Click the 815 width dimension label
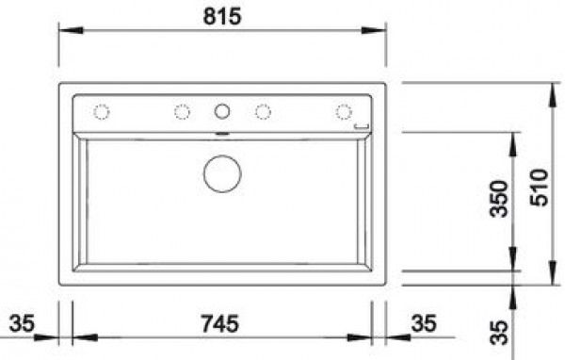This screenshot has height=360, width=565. coord(222,16)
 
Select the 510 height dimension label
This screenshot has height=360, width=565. coord(539,188)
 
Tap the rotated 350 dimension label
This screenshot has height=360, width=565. coord(499,199)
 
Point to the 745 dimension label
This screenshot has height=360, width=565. coord(219,323)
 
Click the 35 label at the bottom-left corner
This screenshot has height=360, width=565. coord(22,323)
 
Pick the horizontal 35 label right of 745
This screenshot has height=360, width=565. coord(424,323)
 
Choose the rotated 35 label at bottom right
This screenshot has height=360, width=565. coord(499,333)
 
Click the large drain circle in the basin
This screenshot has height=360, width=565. coord(222,173)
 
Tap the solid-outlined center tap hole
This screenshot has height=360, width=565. coord(222,111)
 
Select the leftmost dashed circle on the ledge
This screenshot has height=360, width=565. coord(102,112)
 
